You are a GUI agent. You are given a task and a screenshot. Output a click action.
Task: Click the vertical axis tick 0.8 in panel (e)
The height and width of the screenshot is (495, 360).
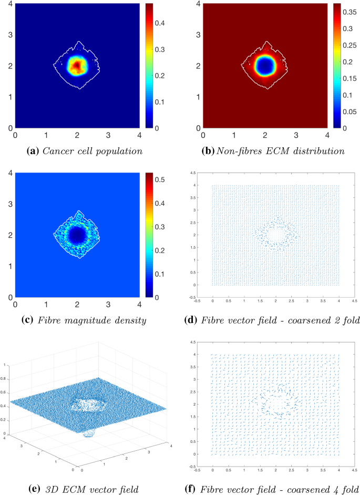coord(5,378)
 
